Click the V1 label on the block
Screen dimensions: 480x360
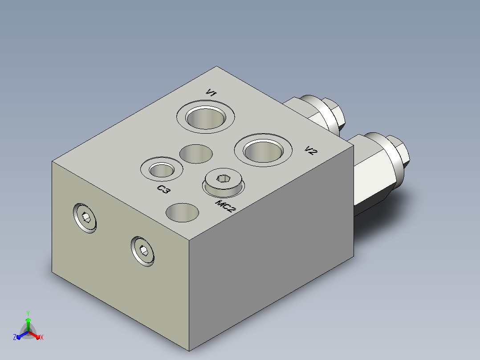pyautogui.click(x=211, y=92)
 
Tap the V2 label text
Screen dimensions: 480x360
pyautogui.click(x=311, y=150)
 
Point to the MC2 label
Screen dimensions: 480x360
pyautogui.click(x=226, y=206)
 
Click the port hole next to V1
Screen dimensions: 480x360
pyautogui.click(x=206, y=117)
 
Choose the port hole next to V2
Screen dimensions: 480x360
pyautogui.click(x=263, y=150)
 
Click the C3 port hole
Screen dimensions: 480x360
pyautogui.click(x=162, y=169)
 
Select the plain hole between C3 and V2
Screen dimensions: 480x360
pyautogui.click(x=196, y=154)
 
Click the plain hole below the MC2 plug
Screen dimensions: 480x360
pyautogui.click(x=182, y=213)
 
